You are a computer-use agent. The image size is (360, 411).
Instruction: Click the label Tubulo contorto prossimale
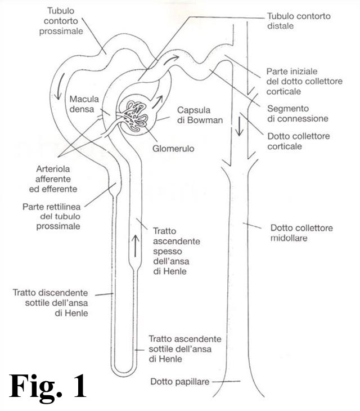point(61,21)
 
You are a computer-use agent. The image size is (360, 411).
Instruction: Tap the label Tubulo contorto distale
point(299,21)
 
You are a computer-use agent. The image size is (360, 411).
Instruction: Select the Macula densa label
point(84,104)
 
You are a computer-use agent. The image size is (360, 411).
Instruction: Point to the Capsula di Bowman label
point(200,115)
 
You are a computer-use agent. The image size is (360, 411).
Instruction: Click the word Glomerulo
point(173,149)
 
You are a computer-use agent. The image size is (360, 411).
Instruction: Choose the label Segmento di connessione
point(298,114)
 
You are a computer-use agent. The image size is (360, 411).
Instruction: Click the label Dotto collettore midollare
point(301,233)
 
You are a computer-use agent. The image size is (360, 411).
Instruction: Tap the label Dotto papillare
point(180,381)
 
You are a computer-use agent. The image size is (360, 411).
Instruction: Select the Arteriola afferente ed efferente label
point(53,179)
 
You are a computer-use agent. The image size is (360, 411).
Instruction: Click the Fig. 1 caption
point(48,386)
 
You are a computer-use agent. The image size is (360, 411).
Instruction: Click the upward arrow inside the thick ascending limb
point(135,245)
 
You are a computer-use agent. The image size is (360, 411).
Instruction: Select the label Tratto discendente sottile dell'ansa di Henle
point(50,303)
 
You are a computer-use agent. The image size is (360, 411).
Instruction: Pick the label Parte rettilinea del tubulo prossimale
point(52,216)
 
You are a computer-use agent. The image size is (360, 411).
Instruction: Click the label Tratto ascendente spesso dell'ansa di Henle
point(177,251)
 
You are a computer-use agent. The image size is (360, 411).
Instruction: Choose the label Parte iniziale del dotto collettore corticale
point(304,81)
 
